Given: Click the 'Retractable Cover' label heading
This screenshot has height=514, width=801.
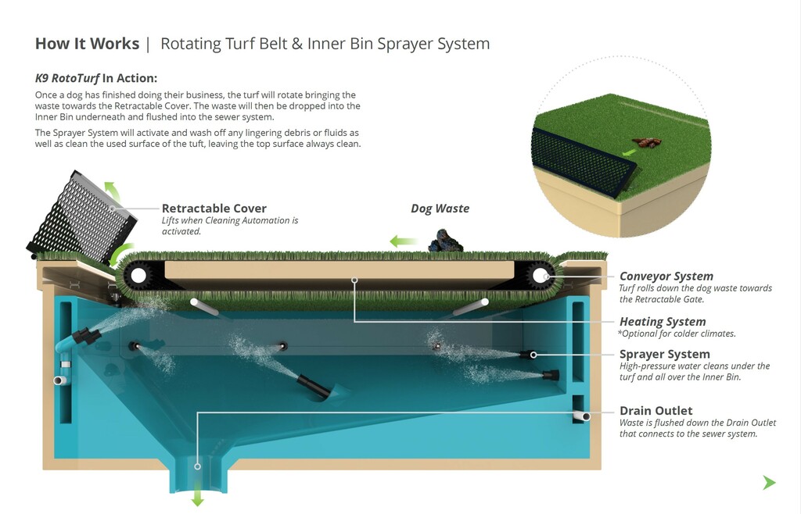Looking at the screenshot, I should [214, 209].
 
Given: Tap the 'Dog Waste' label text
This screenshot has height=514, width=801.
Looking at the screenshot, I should [440, 209].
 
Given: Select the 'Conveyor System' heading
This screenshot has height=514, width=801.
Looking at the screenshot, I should [666, 276].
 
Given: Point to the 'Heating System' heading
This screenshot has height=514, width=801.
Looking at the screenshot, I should [662, 321].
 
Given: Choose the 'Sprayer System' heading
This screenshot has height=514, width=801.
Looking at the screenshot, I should [664, 354].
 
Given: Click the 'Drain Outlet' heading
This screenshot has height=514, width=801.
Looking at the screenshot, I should [656, 410].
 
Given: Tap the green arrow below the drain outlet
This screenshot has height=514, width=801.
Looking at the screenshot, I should [197, 498].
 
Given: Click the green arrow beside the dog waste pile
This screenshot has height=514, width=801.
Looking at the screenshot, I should [404, 241].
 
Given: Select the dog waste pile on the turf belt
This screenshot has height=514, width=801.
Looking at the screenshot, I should [444, 241].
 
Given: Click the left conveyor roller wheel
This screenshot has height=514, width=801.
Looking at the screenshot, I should [139, 275].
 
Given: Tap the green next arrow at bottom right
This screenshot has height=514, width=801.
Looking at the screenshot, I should [769, 483].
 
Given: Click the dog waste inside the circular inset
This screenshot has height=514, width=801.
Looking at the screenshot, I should [645, 143].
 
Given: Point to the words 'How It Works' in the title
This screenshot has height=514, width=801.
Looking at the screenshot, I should [87, 44].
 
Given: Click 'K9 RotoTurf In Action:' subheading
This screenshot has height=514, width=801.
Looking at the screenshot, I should [96, 78].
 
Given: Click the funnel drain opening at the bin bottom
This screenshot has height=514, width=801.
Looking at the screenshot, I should [197, 469].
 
